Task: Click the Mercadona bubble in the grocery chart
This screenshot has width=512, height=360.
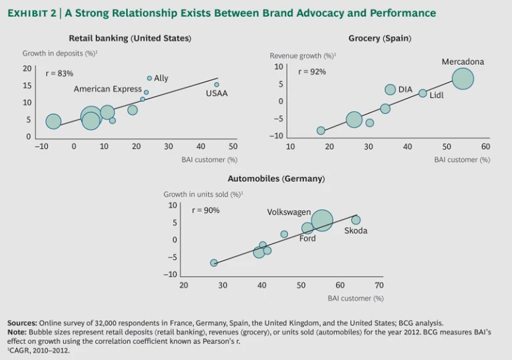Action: point(463,79)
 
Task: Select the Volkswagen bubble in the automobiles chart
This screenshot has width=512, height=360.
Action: point(322,220)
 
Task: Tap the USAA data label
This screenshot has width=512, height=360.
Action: point(217,93)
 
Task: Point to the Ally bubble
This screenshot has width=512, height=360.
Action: point(149,78)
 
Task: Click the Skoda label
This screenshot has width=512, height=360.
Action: point(356,231)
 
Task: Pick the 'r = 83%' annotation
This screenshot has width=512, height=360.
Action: point(59,73)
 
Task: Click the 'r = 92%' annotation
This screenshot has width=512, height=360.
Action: point(312,71)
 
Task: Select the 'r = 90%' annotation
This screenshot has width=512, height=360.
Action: point(205,210)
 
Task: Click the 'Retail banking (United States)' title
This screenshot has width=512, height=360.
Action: point(130,39)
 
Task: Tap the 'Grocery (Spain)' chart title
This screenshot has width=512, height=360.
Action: point(379,39)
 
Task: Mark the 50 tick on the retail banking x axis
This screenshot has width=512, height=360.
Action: point(233,147)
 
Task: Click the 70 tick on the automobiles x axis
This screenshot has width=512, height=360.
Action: point(379,285)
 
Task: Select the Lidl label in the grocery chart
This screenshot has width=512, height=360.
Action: point(437,95)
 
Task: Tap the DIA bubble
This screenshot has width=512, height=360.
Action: point(390,90)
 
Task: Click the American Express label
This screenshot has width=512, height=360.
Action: point(107,89)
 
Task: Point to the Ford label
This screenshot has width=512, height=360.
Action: point(307,239)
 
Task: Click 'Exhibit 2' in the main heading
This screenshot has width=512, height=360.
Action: point(29,13)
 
